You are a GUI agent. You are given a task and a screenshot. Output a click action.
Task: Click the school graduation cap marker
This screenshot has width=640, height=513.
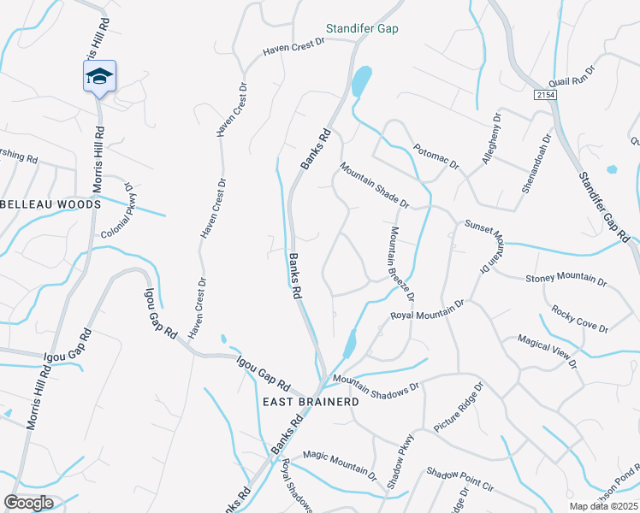click(99, 77)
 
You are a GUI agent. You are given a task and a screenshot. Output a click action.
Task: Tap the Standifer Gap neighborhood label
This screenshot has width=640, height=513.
click(362, 28)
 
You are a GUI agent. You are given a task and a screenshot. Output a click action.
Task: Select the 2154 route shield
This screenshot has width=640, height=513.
click(548, 94)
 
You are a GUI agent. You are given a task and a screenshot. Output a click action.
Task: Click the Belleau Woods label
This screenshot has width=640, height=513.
click(51, 204)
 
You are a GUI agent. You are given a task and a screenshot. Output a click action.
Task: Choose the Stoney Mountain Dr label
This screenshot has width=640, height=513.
click(566, 280)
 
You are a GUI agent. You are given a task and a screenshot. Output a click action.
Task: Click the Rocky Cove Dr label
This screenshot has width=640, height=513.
click(579, 319)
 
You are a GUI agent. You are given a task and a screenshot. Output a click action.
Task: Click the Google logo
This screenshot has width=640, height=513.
click(28, 503)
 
